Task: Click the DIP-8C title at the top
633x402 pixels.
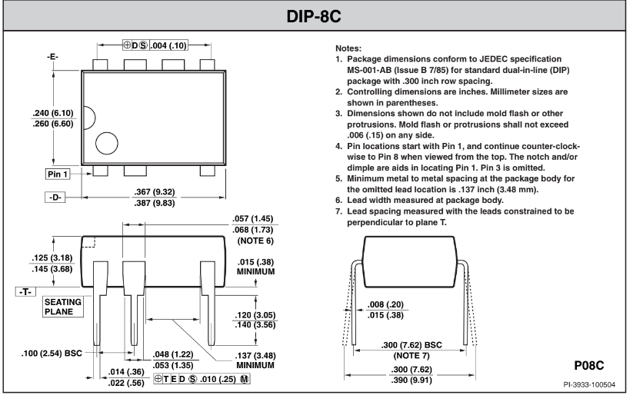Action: (314, 17)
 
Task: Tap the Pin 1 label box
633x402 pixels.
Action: (58, 174)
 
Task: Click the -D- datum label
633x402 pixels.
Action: (55, 198)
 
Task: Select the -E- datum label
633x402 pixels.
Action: (52, 57)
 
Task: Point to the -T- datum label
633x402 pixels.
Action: (25, 292)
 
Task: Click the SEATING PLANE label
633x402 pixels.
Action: (63, 307)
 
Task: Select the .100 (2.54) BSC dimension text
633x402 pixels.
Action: (52, 354)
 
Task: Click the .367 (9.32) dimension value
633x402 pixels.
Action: (155, 191)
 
